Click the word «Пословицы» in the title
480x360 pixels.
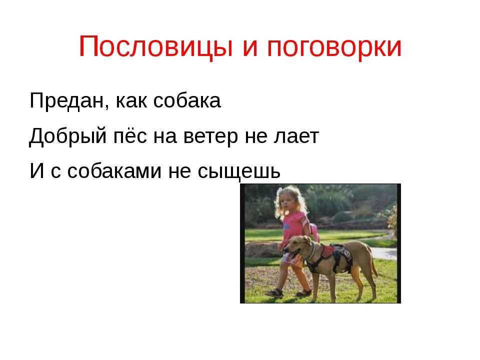[x=156, y=47]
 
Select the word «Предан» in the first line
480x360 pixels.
[x=67, y=100]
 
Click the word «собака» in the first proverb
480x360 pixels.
[x=187, y=100]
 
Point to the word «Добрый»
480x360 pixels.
[x=67, y=136]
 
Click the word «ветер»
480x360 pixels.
[x=210, y=136]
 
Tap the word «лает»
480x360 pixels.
[x=296, y=136]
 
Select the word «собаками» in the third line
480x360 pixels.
[x=114, y=170]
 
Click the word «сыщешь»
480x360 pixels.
[x=239, y=171]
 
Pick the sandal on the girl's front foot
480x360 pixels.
[x=274, y=292]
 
